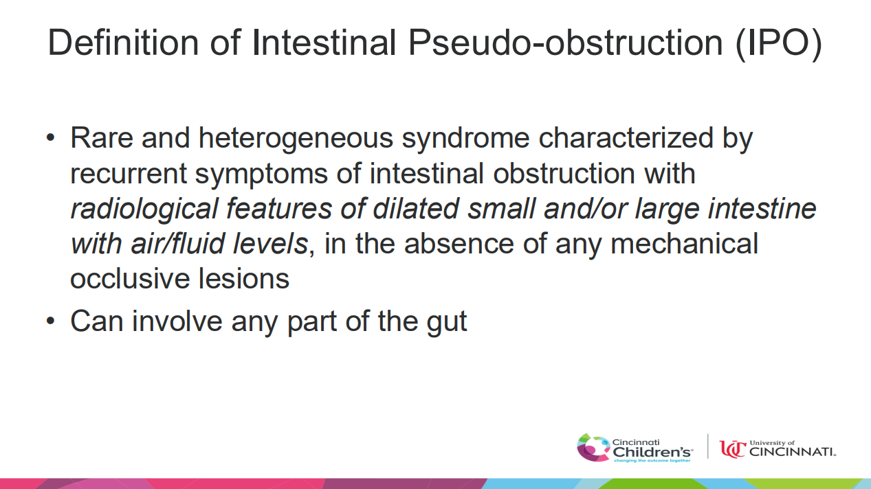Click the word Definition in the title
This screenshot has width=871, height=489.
click(x=124, y=43)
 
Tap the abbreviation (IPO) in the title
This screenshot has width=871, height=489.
click(x=779, y=44)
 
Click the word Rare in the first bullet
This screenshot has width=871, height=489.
click(x=102, y=138)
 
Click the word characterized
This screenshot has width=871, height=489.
click(x=626, y=138)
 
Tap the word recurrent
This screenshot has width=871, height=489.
click(x=129, y=174)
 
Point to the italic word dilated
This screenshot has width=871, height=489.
click(x=416, y=209)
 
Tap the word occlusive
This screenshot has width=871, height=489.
click(x=130, y=278)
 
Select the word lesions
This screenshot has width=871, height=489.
click(x=244, y=278)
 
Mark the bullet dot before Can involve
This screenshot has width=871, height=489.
click(x=51, y=321)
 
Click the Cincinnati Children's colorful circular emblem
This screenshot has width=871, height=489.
click(x=593, y=447)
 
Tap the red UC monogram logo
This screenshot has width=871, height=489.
click(x=733, y=449)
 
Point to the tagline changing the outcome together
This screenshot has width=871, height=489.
click(x=652, y=461)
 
